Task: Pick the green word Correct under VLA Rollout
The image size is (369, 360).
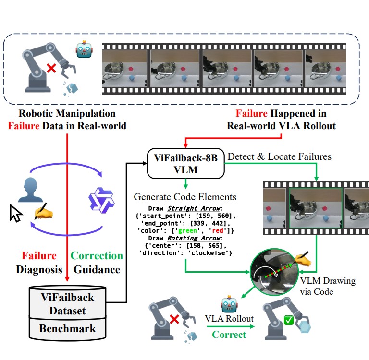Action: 229,334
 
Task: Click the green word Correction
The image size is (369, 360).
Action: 97,255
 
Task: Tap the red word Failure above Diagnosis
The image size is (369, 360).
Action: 39,255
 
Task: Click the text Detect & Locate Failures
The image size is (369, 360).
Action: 279,156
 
